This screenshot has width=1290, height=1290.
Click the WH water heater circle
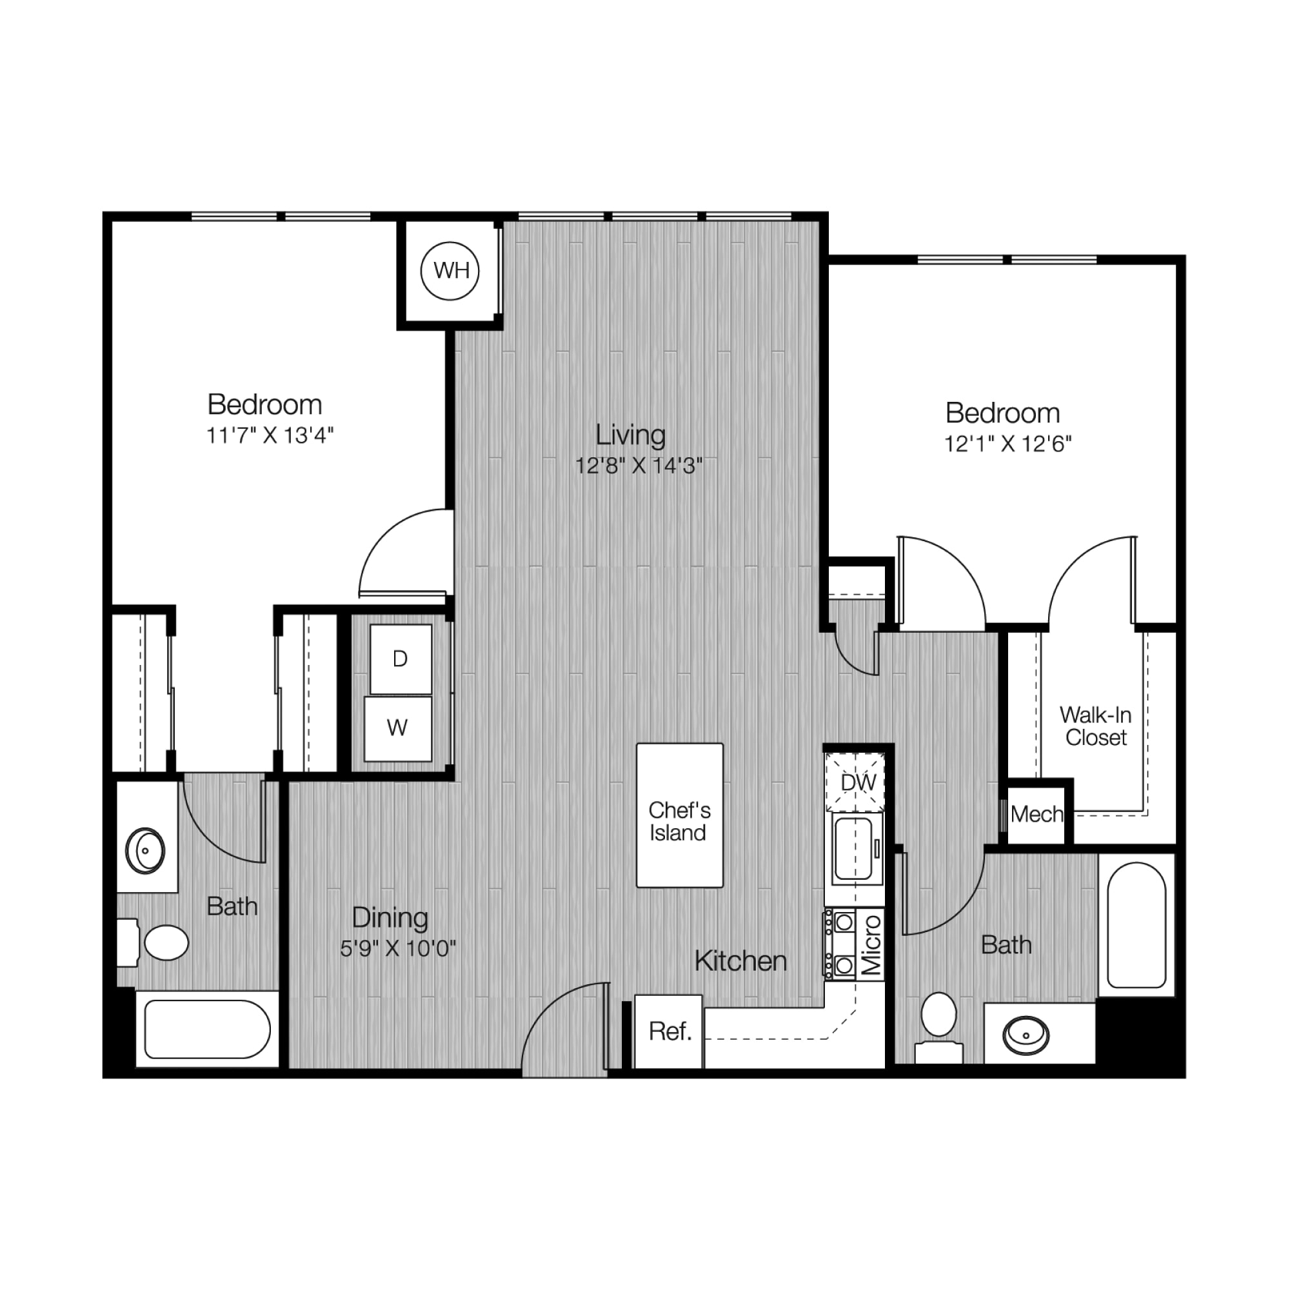tap(451, 271)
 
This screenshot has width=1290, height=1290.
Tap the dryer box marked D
tap(401, 660)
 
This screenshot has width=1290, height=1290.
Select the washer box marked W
tap(398, 728)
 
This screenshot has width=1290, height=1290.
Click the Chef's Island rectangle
tap(680, 815)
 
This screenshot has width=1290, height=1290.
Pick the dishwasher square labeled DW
tap(855, 782)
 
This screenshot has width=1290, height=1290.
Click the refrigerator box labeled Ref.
tap(668, 1031)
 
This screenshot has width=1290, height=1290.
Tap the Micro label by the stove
tap(871, 945)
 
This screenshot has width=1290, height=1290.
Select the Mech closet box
tap(1037, 814)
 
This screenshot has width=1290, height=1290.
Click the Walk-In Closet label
tap(1096, 726)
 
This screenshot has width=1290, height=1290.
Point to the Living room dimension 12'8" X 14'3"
tap(639, 466)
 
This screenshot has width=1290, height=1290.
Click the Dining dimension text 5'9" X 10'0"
tap(398, 948)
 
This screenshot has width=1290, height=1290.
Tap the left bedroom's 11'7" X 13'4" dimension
tap(270, 435)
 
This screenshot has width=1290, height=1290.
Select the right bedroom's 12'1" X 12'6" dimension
tap(1007, 444)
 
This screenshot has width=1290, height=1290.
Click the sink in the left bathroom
tap(146, 851)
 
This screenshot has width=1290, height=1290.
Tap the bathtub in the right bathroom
tap(1136, 926)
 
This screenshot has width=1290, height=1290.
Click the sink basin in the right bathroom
tap(1026, 1037)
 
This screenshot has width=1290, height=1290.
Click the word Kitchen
tap(740, 962)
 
